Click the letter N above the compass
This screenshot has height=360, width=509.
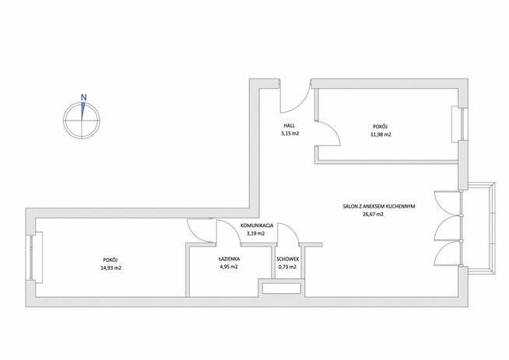(x=84, y=97)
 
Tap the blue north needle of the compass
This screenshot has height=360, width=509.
(x=83, y=111)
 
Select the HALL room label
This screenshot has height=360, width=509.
(x=290, y=125)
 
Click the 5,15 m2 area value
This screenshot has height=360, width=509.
(x=290, y=133)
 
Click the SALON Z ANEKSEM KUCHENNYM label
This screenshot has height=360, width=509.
(x=379, y=206)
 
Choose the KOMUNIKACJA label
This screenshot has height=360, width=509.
(x=257, y=225)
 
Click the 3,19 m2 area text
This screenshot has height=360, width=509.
(x=256, y=232)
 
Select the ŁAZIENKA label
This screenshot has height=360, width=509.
(x=229, y=259)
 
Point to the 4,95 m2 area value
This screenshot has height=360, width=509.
(x=229, y=267)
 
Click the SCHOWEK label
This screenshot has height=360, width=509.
(x=288, y=259)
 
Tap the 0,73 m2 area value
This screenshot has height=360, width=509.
(x=287, y=267)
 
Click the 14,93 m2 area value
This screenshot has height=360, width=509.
(x=111, y=268)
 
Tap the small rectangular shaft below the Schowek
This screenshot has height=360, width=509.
(x=281, y=288)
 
